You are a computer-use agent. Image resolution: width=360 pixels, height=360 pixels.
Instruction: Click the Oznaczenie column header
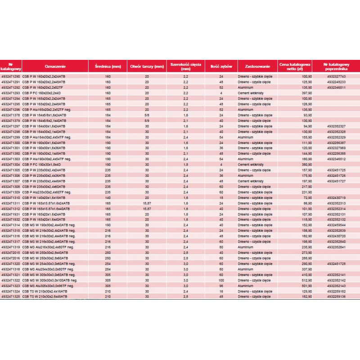tap(41, 67)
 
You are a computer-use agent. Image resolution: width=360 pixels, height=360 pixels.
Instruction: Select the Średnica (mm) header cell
tap(108, 67)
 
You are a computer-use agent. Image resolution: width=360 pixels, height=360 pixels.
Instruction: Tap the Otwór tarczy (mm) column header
tap(147, 67)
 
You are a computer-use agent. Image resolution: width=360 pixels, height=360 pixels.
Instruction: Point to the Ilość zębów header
tap(221, 67)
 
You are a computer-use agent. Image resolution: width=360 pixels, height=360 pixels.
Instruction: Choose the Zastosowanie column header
tap(257, 67)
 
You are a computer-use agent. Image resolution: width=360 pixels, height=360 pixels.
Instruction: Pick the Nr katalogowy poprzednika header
tap(336, 67)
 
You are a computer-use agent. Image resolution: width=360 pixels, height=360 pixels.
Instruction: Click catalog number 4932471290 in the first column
tap(11, 77)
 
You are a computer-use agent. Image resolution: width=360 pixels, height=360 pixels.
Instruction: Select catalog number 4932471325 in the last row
tap(11, 297)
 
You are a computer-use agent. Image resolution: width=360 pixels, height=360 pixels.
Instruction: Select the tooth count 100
tap(221, 280)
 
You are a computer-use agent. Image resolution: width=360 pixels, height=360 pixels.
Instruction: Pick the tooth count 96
tap(221, 286)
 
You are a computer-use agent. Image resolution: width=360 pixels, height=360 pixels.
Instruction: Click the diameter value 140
tap(108, 198)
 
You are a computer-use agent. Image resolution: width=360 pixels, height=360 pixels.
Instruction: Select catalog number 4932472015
tap(11, 252)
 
